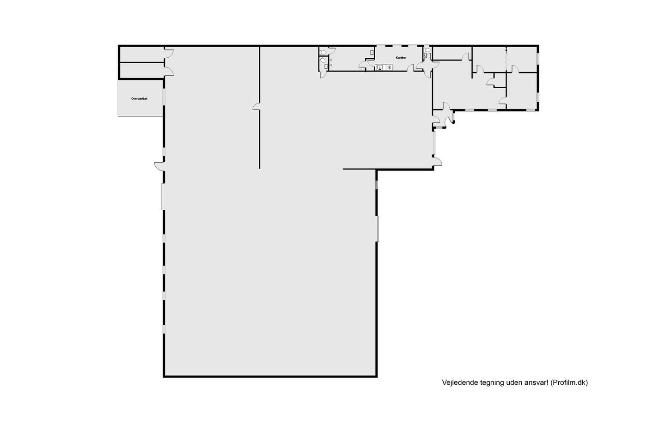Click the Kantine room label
coord(401,58)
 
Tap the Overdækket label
coord(139,99)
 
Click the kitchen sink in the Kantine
coord(379,67)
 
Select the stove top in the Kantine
coord(389,67)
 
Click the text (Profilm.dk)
coord(569,383)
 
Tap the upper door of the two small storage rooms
coord(169,54)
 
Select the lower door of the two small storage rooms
coord(169,71)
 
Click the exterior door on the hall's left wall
coord(159,167)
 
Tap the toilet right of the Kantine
coord(427,50)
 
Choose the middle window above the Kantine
coord(397,46)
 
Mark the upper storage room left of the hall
coord(142,54)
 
